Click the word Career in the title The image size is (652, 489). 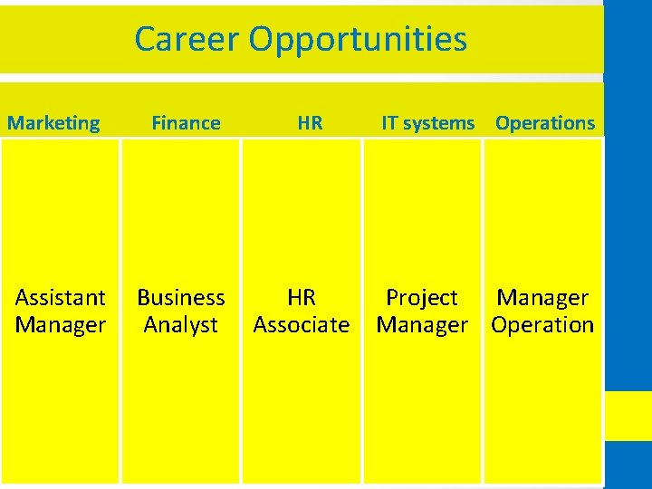(187, 39)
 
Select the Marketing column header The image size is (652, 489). (53, 123)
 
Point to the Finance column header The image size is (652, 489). (186, 123)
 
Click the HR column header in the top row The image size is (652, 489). (310, 123)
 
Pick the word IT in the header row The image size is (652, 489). (390, 123)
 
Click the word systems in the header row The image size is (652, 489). (440, 123)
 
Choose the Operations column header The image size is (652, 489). (545, 123)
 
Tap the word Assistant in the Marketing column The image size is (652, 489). (61, 298)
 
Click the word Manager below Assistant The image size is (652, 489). (61, 324)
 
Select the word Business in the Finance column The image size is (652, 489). (181, 298)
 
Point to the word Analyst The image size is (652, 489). (181, 325)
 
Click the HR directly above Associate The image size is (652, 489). (302, 298)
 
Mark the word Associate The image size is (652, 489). (302, 324)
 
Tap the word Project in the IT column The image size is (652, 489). (422, 298)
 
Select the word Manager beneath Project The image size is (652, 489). (422, 324)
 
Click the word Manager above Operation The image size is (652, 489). (542, 298)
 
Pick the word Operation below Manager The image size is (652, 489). (542, 325)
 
